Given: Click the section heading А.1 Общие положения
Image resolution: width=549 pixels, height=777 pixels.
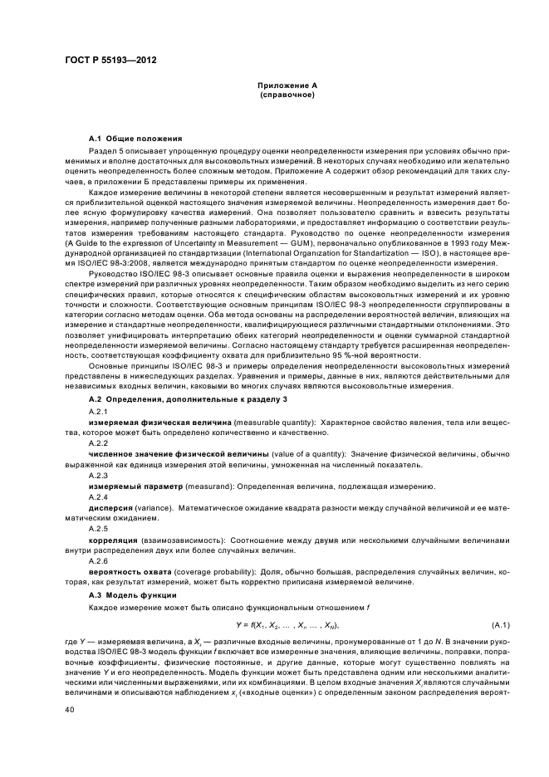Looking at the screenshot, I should point(136,137).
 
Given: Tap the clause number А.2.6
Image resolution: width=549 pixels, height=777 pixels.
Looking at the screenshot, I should point(99,561).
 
